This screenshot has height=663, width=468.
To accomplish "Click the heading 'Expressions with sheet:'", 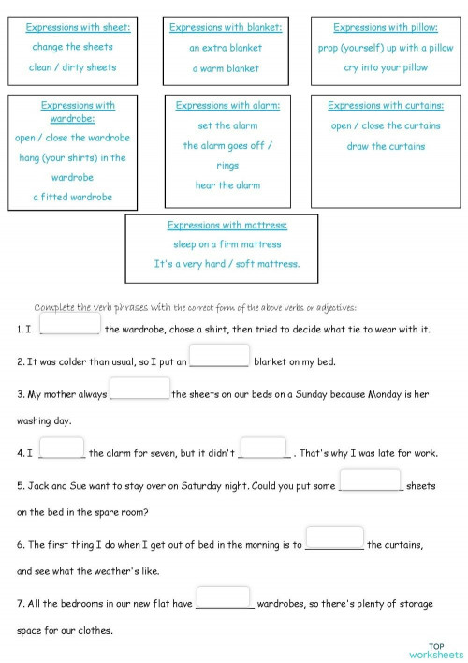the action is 78,28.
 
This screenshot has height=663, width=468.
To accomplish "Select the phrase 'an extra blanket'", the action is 226,48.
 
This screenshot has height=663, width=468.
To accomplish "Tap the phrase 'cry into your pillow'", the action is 386,67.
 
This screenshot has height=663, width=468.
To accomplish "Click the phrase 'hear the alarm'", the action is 227,185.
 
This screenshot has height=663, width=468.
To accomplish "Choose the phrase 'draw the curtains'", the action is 386,146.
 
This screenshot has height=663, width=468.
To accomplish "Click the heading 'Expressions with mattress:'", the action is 227,225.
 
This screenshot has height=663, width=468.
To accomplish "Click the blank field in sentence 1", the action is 70,323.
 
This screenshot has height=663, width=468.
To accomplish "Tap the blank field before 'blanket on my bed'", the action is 219,356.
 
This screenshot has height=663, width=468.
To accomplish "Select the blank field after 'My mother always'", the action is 139,388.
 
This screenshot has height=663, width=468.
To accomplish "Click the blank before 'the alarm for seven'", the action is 63,449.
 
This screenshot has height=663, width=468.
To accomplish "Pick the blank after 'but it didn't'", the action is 263,449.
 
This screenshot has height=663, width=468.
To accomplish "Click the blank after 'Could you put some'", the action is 370,480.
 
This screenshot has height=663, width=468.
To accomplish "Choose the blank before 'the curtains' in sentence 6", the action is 334,538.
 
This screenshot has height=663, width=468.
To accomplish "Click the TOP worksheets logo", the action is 436,651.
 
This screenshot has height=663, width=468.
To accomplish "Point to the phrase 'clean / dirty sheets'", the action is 73,67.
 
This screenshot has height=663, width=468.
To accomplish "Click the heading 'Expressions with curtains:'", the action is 386,106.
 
